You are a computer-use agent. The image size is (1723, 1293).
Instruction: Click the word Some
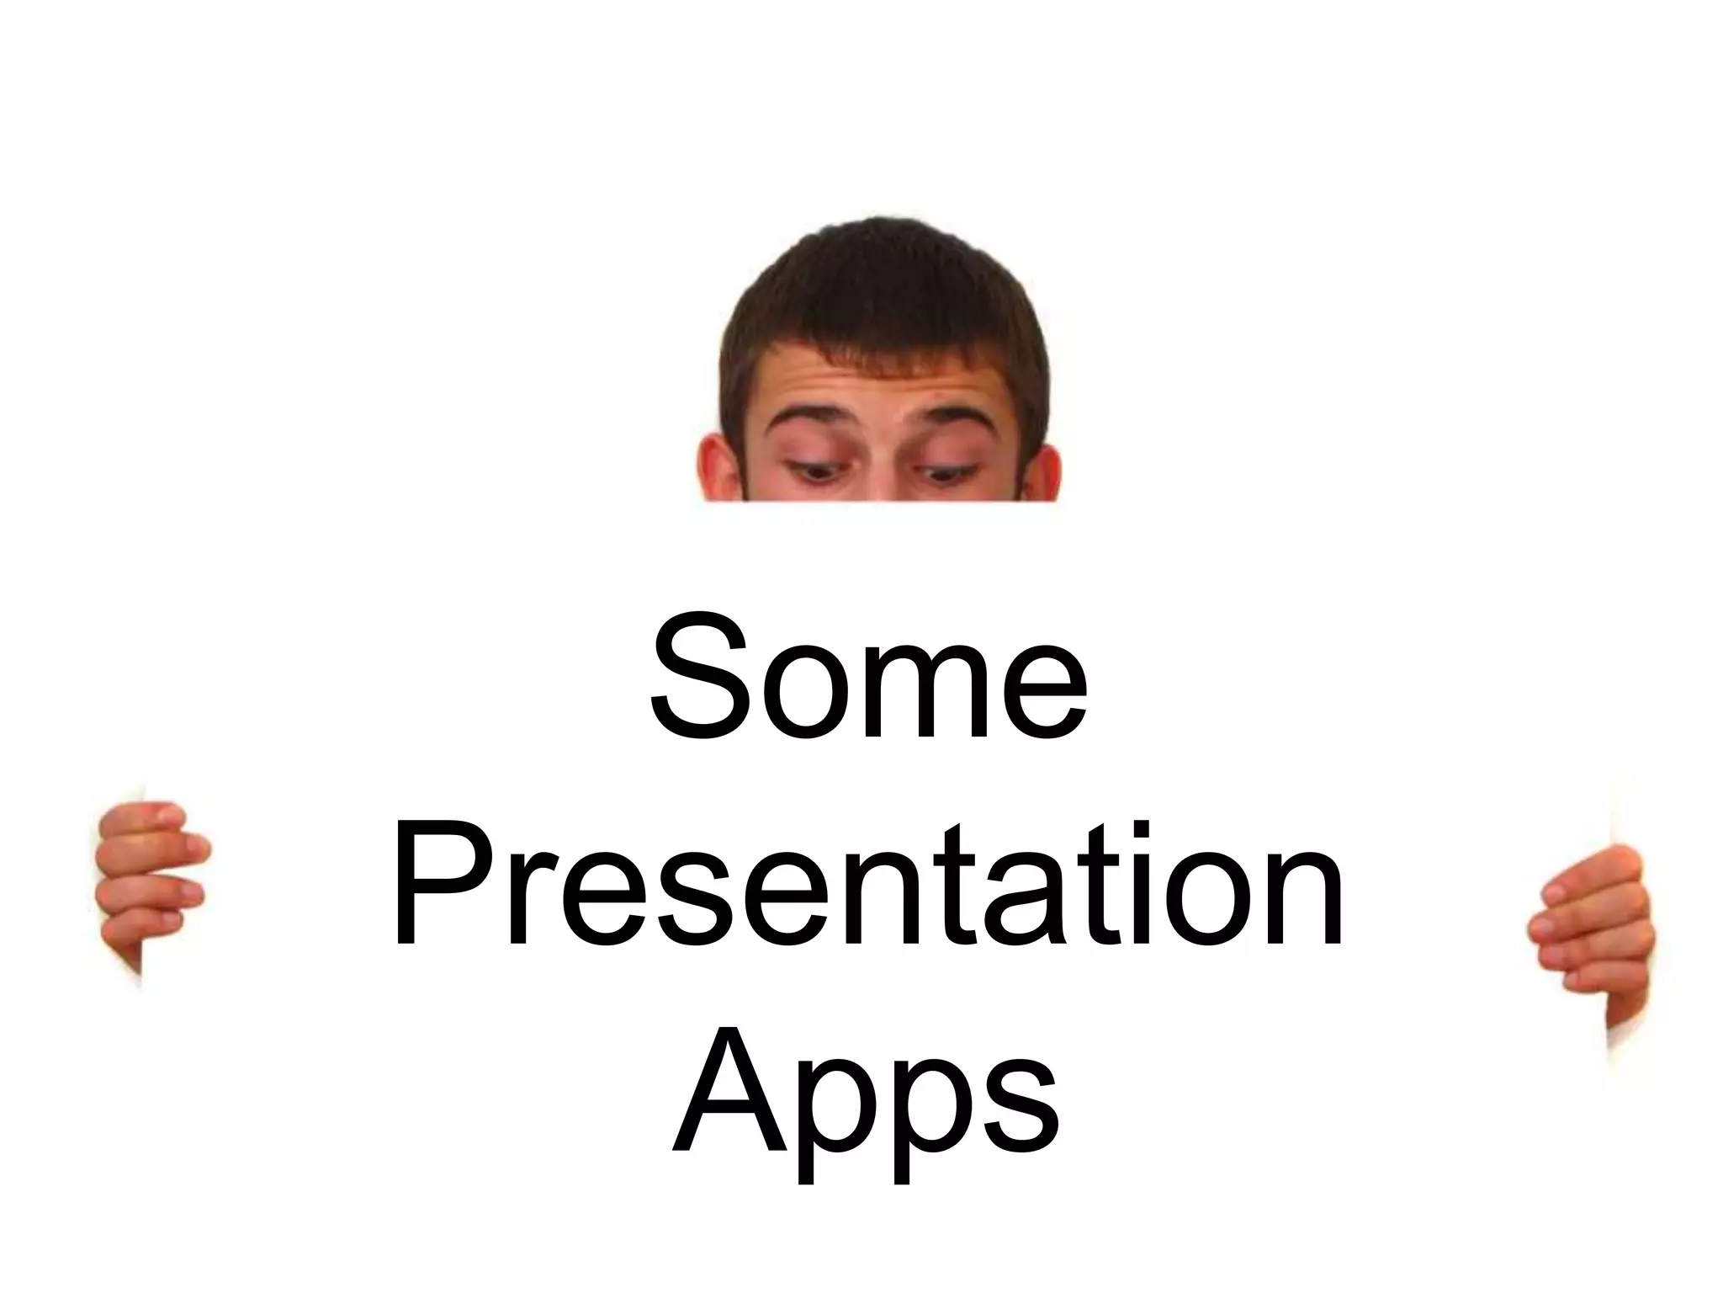coord(868,679)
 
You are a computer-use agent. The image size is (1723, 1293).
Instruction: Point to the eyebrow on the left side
coord(811,421)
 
